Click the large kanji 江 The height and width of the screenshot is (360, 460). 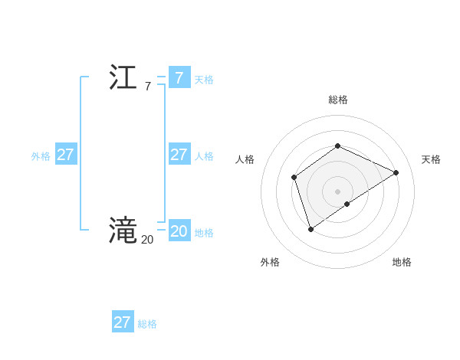coord(123,77)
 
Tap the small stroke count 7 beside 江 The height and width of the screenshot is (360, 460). coord(147,87)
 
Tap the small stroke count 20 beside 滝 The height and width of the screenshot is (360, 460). coord(147,240)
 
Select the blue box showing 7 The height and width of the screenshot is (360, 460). coord(179,77)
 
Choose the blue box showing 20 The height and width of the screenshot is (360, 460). coord(179,231)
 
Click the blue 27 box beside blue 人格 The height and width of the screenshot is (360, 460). coord(179,154)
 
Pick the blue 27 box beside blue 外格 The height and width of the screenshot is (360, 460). coord(66,154)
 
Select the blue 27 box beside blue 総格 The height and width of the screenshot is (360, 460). coord(123,322)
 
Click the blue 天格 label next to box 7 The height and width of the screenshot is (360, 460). coord(204,80)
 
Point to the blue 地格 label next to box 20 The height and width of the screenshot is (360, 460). coord(204,233)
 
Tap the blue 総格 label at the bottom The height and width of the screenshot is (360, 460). coord(147,324)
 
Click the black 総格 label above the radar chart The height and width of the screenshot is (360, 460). coord(337,100)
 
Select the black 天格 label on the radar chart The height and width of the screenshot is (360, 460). coord(431,159)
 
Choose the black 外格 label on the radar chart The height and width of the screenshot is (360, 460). coord(270,262)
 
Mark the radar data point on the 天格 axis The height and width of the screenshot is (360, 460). coord(396,172)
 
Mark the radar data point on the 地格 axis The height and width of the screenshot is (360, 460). coord(347,204)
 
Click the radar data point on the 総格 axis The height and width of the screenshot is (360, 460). coord(337,146)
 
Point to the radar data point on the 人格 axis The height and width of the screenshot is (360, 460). coord(294,178)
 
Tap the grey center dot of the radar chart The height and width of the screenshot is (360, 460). coord(337,191)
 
